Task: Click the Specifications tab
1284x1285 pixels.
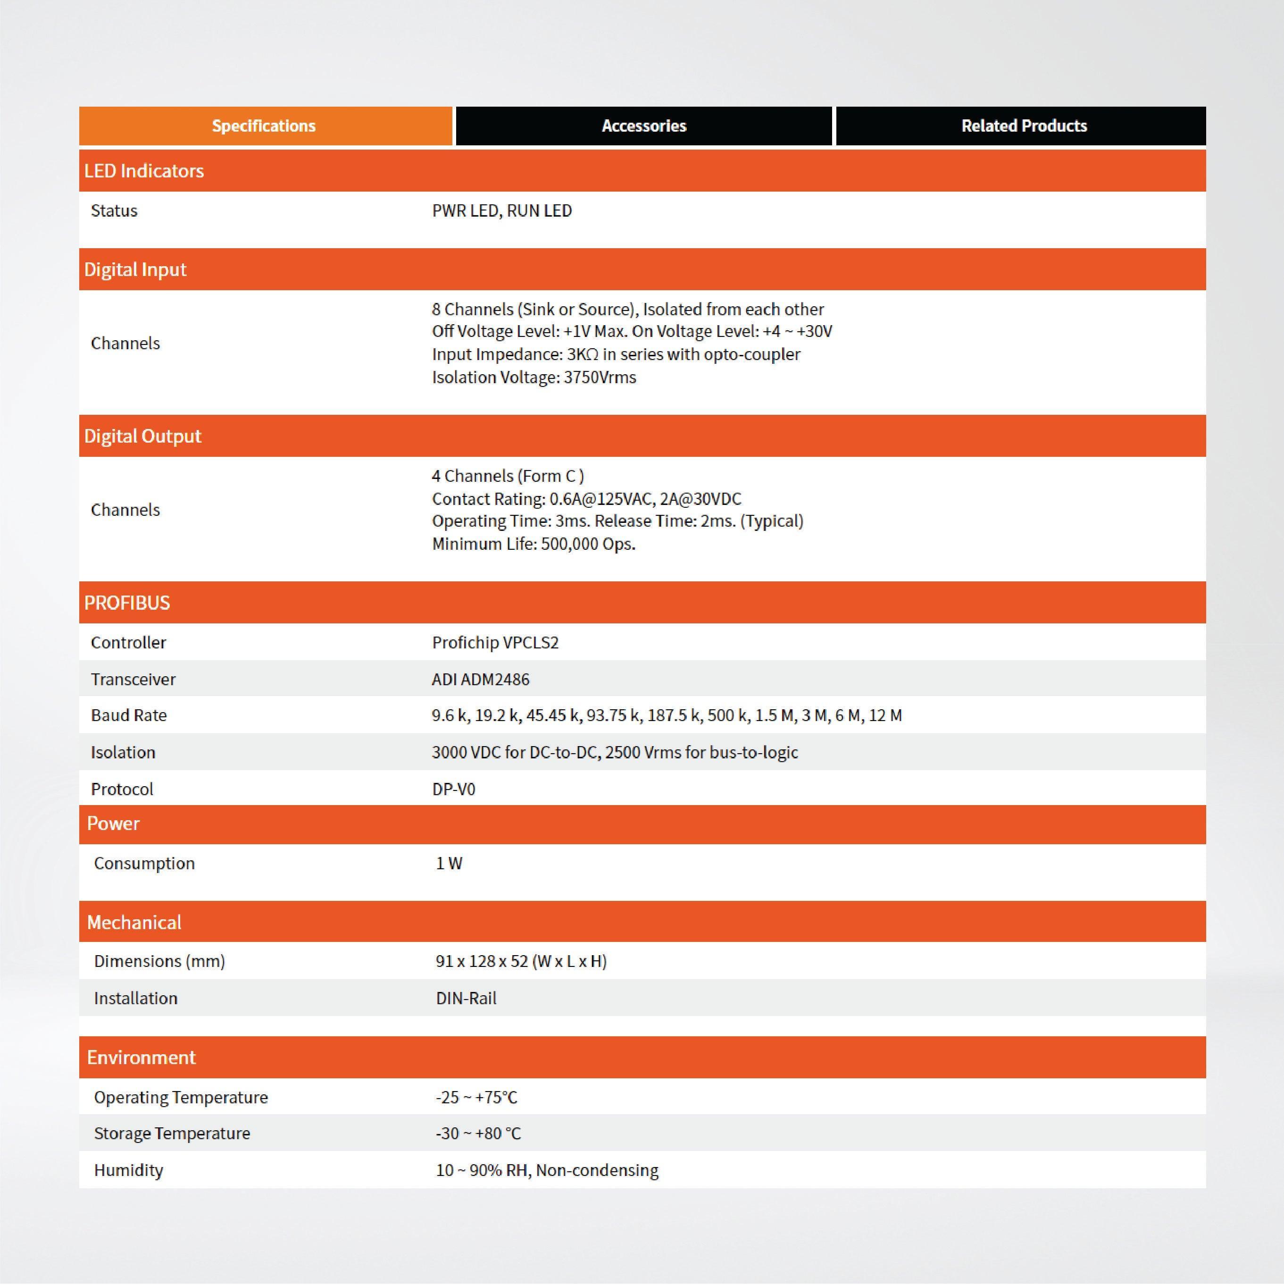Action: pos(264,126)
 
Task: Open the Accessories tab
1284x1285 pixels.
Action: pos(644,126)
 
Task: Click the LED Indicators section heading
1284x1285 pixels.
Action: pos(143,171)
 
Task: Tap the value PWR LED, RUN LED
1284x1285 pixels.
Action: pos(501,211)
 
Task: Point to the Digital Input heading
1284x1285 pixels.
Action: pos(135,269)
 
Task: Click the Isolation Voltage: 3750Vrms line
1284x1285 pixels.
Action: pos(534,377)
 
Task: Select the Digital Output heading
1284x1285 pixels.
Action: pos(142,436)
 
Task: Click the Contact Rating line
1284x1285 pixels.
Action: pos(586,499)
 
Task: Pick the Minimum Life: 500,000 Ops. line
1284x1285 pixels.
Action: pos(534,544)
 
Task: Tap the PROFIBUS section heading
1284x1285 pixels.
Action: pos(127,603)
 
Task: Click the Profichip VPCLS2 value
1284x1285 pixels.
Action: pos(495,643)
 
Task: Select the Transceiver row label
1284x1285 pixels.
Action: pos(133,679)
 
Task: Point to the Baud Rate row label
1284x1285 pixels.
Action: pos(128,715)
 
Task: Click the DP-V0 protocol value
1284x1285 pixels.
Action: pos(453,789)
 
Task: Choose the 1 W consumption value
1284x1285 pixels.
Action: pos(449,863)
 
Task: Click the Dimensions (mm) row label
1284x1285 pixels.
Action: pos(159,961)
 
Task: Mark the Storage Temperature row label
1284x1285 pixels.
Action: pos(172,1134)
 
